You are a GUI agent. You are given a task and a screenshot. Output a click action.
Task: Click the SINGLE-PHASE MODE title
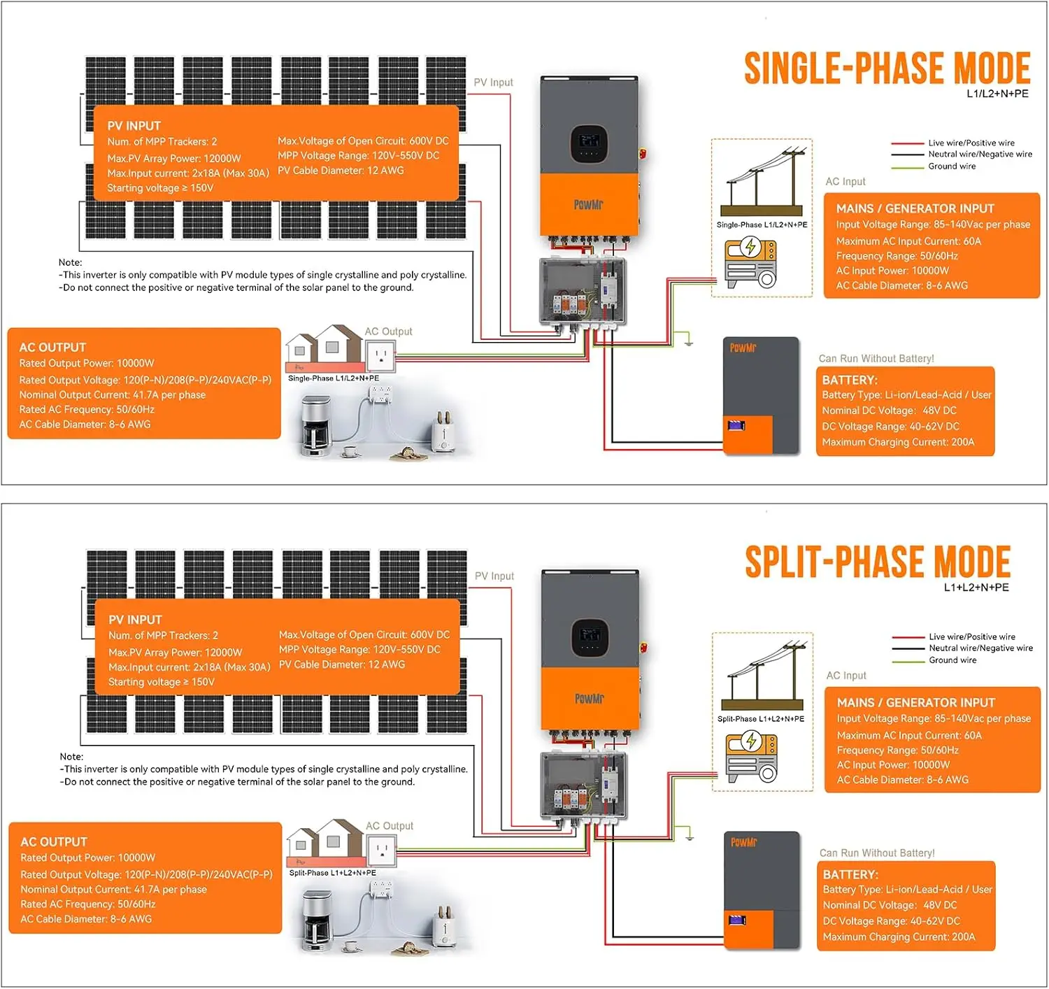(x=886, y=69)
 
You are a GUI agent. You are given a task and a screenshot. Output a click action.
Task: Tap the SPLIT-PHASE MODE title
(x=877, y=562)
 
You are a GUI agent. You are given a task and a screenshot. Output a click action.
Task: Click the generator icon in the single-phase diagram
(x=750, y=264)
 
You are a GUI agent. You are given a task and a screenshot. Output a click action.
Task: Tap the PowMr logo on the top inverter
(x=588, y=205)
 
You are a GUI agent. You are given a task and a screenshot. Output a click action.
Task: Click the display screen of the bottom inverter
(x=590, y=636)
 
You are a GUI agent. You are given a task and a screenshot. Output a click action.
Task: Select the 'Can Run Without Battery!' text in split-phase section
(x=876, y=853)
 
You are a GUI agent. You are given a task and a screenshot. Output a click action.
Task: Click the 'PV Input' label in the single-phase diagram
(x=493, y=83)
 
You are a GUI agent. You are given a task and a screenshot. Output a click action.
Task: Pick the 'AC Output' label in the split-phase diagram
(x=390, y=826)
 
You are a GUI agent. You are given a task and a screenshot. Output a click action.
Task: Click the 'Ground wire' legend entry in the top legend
(x=951, y=166)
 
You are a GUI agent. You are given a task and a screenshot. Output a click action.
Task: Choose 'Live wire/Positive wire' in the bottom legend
(x=971, y=636)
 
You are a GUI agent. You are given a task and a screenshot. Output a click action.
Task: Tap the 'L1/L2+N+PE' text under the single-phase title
(x=997, y=94)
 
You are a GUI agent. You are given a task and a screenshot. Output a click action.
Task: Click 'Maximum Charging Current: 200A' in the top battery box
(x=898, y=442)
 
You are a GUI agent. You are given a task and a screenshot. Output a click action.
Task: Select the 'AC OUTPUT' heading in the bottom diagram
(x=54, y=842)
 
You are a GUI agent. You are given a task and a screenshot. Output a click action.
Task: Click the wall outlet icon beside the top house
(x=381, y=355)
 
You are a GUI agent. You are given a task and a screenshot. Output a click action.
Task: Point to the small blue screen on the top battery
(x=736, y=425)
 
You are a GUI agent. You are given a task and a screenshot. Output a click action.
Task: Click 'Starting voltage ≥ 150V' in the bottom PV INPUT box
(x=162, y=682)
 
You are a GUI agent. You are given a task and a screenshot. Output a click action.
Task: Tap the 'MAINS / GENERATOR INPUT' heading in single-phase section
(x=915, y=208)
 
